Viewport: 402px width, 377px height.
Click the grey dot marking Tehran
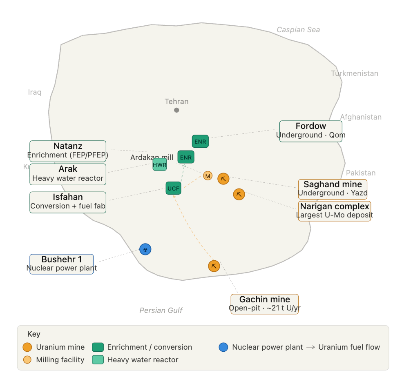coord(176,110)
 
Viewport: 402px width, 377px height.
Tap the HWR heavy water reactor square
coord(160,164)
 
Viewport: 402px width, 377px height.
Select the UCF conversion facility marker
coord(174,188)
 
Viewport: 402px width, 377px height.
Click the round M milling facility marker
coord(208,176)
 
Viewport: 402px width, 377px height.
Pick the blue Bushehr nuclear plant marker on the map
coord(145,249)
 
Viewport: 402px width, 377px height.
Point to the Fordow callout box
coord(310,131)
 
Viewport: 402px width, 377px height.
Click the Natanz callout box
coord(68,151)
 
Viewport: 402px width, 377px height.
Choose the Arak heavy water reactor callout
coord(68,174)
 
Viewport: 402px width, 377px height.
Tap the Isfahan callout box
coord(68,202)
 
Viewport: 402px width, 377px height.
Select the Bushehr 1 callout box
coord(62,264)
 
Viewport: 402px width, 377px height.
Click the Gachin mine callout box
coord(265,304)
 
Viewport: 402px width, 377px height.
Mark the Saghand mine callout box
coord(333,189)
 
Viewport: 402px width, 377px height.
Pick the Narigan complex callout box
coord(335,211)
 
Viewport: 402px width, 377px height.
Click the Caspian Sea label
coord(298,30)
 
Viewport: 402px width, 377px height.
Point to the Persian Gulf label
coord(161,310)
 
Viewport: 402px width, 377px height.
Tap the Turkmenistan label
coord(355,73)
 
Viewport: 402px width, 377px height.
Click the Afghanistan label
coord(361,117)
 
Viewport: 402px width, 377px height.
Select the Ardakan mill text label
coord(152,157)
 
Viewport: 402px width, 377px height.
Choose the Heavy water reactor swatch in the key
coord(98,360)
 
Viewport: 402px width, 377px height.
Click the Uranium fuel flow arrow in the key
coord(310,347)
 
